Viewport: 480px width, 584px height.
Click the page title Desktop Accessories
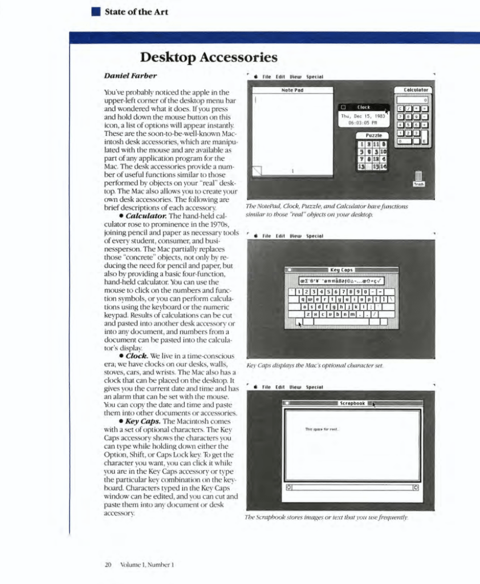209,58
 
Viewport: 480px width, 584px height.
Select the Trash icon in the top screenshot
418,178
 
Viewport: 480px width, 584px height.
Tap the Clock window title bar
364,107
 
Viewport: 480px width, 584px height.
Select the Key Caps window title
341,269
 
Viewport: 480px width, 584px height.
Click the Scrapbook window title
352,403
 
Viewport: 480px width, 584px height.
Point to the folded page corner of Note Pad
257,171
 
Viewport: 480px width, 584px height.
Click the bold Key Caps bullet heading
143,421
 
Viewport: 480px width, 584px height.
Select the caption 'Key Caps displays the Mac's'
315,364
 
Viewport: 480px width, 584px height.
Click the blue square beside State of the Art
96,11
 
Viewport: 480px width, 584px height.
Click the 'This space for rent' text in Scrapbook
322,429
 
